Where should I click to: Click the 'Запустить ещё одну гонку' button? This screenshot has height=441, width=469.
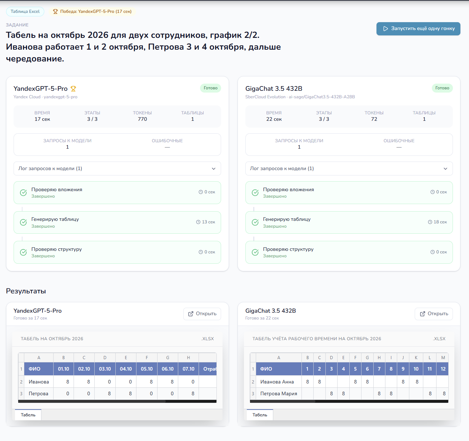pos(418,29)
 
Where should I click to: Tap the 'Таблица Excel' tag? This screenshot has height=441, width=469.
pos(25,11)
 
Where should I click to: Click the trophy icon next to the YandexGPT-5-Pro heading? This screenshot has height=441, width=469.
pos(73,89)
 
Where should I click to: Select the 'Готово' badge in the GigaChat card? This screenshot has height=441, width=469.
pos(442,88)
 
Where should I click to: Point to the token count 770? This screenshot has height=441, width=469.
pos(143,119)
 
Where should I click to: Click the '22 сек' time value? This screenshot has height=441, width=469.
pos(274,119)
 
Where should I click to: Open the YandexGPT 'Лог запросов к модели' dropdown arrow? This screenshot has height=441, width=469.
pos(214,169)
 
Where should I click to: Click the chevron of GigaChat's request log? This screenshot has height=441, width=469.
pos(445,169)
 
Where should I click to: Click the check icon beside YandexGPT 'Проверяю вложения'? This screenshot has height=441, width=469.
pos(23,193)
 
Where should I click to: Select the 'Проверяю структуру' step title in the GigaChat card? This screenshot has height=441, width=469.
pos(288,249)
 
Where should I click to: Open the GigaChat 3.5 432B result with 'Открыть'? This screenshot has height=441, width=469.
pos(434,314)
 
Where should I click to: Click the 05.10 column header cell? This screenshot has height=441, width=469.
pos(147,369)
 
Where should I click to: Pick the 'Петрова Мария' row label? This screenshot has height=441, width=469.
pos(279,393)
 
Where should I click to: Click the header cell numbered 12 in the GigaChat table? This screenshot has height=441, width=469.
pos(443,369)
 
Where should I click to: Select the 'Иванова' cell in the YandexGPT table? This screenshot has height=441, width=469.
pos(39,382)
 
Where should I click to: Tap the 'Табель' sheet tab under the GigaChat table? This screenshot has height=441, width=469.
pos(260,415)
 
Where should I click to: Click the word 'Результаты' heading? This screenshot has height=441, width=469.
pos(26,291)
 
